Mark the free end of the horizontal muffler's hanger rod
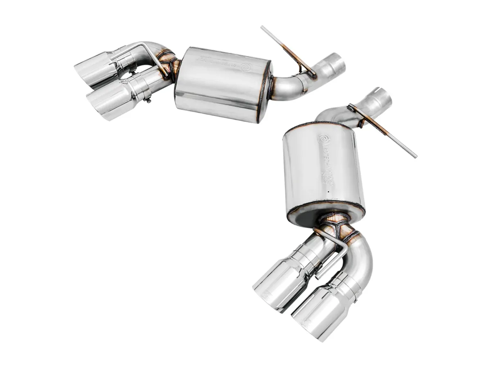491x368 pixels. click(262, 28)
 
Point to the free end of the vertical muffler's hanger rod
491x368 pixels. click(415, 156)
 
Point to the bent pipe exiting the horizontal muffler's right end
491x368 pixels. click(286, 88)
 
